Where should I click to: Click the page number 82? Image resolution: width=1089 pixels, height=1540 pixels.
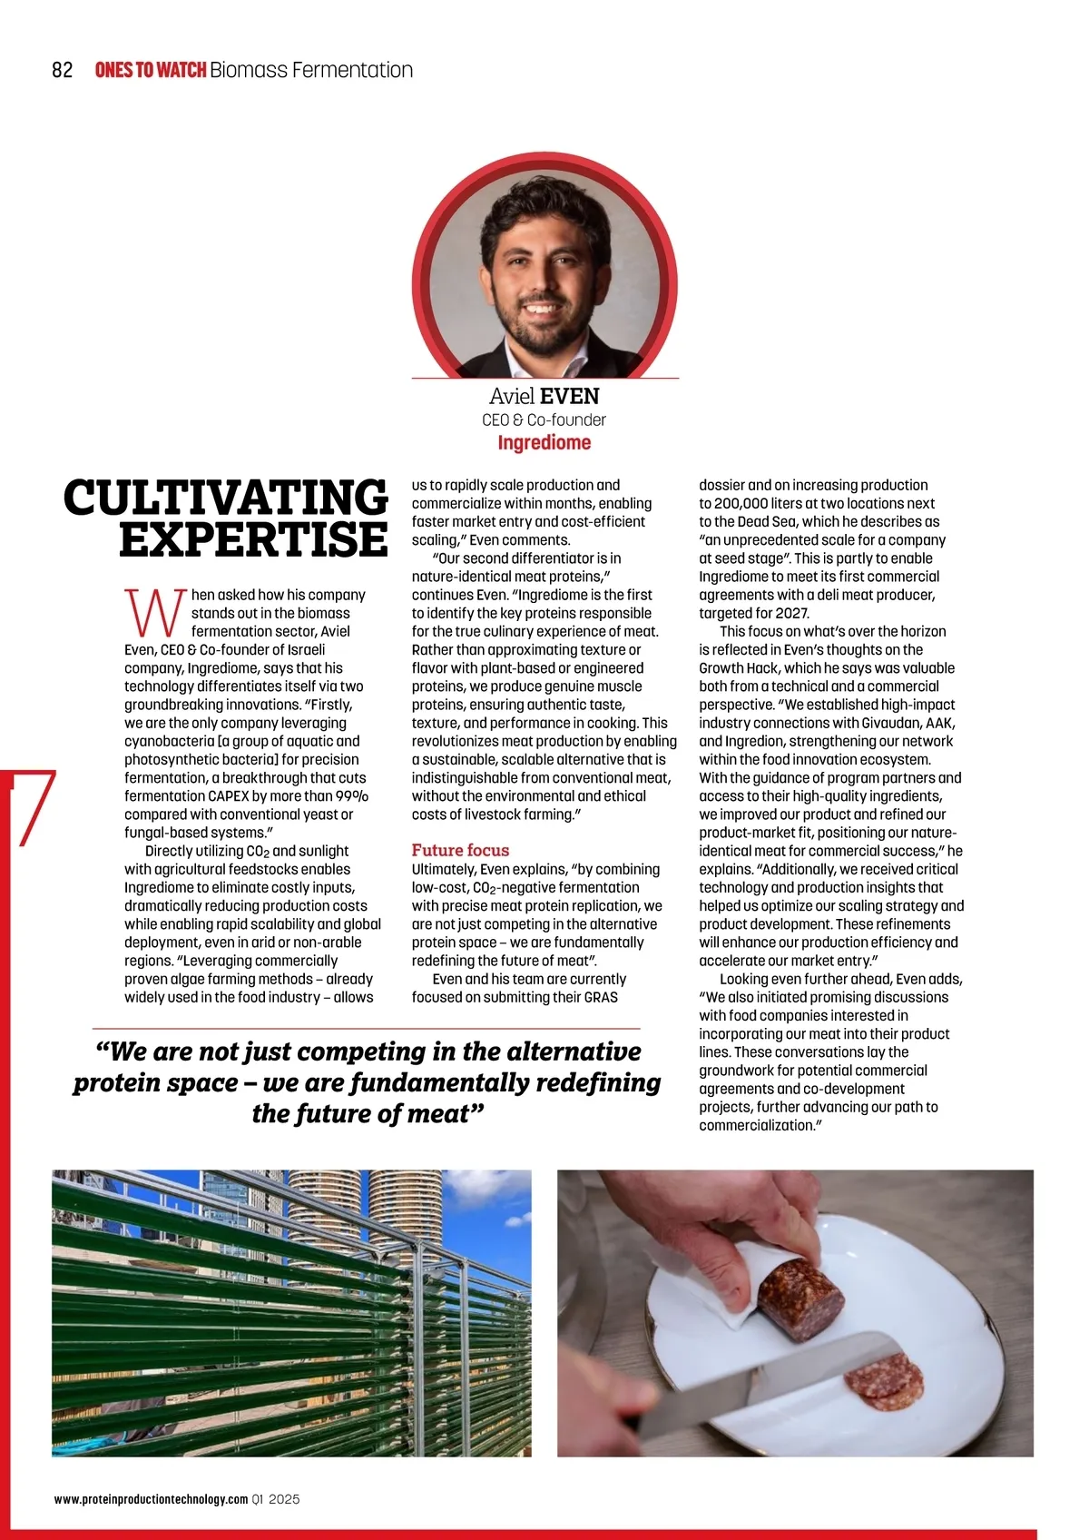(x=63, y=70)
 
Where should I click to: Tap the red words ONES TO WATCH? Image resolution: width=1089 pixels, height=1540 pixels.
(x=150, y=70)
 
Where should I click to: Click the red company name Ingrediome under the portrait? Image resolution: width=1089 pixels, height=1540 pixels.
(x=544, y=443)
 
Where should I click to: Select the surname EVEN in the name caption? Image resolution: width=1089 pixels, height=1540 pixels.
(x=570, y=396)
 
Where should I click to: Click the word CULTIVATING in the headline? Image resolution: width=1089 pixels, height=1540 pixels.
(x=226, y=498)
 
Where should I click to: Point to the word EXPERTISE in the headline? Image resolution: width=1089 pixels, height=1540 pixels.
(x=253, y=539)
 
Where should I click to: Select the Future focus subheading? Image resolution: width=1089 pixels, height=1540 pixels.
(x=460, y=850)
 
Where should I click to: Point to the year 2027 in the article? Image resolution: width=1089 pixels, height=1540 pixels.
(x=791, y=613)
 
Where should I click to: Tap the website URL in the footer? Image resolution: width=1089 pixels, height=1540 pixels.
(x=151, y=1499)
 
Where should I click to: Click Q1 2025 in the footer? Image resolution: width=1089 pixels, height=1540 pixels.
(x=277, y=1499)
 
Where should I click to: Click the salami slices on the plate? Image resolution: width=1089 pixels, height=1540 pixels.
(x=884, y=1382)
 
